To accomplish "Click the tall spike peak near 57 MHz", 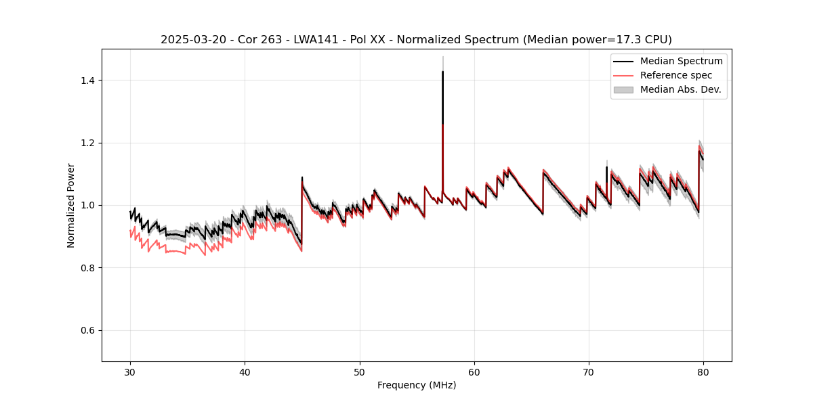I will tap(442, 72).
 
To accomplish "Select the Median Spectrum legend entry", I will tap(681, 61).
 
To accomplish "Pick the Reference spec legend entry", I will tap(675, 75).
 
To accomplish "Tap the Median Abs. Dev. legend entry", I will tap(680, 89).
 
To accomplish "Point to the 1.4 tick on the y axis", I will tap(89, 81).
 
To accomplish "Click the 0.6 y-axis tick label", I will tap(89, 330).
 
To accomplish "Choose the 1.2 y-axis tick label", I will tap(89, 143).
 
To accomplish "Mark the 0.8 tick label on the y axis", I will tap(89, 268).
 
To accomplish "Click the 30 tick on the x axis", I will tap(130, 372).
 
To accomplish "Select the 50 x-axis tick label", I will tap(360, 372).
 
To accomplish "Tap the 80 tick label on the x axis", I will tap(703, 372).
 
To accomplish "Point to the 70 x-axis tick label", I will tap(589, 372).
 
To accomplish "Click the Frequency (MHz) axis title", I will tap(417, 385).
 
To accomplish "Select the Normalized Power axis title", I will tap(71, 205).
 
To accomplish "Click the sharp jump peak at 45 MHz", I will tap(302, 178).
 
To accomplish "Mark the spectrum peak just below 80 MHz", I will tap(699, 151).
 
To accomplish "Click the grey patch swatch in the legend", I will tap(623, 89).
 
